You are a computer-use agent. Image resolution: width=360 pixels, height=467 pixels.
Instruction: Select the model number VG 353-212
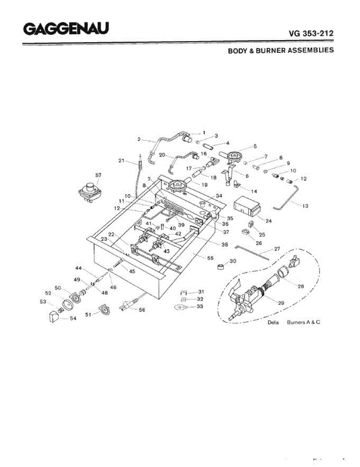(x=311, y=33)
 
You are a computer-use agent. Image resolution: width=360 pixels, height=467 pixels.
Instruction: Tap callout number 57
(x=98, y=175)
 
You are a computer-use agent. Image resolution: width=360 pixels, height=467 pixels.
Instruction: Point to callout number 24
(x=268, y=221)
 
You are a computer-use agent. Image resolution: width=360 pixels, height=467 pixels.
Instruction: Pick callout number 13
(x=305, y=206)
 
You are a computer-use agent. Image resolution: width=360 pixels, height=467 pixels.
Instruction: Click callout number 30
(x=233, y=261)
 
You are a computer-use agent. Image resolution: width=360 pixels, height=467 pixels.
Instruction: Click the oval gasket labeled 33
(x=181, y=307)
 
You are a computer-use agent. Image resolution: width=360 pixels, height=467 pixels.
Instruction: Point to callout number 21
(x=121, y=160)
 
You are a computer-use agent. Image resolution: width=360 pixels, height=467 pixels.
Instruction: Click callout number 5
(x=255, y=146)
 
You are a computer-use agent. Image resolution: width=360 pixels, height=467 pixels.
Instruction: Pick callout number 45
(x=132, y=271)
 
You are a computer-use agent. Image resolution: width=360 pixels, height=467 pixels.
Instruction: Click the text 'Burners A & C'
(x=304, y=323)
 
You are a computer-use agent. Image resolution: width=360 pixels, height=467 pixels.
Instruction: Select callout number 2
(x=139, y=139)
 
